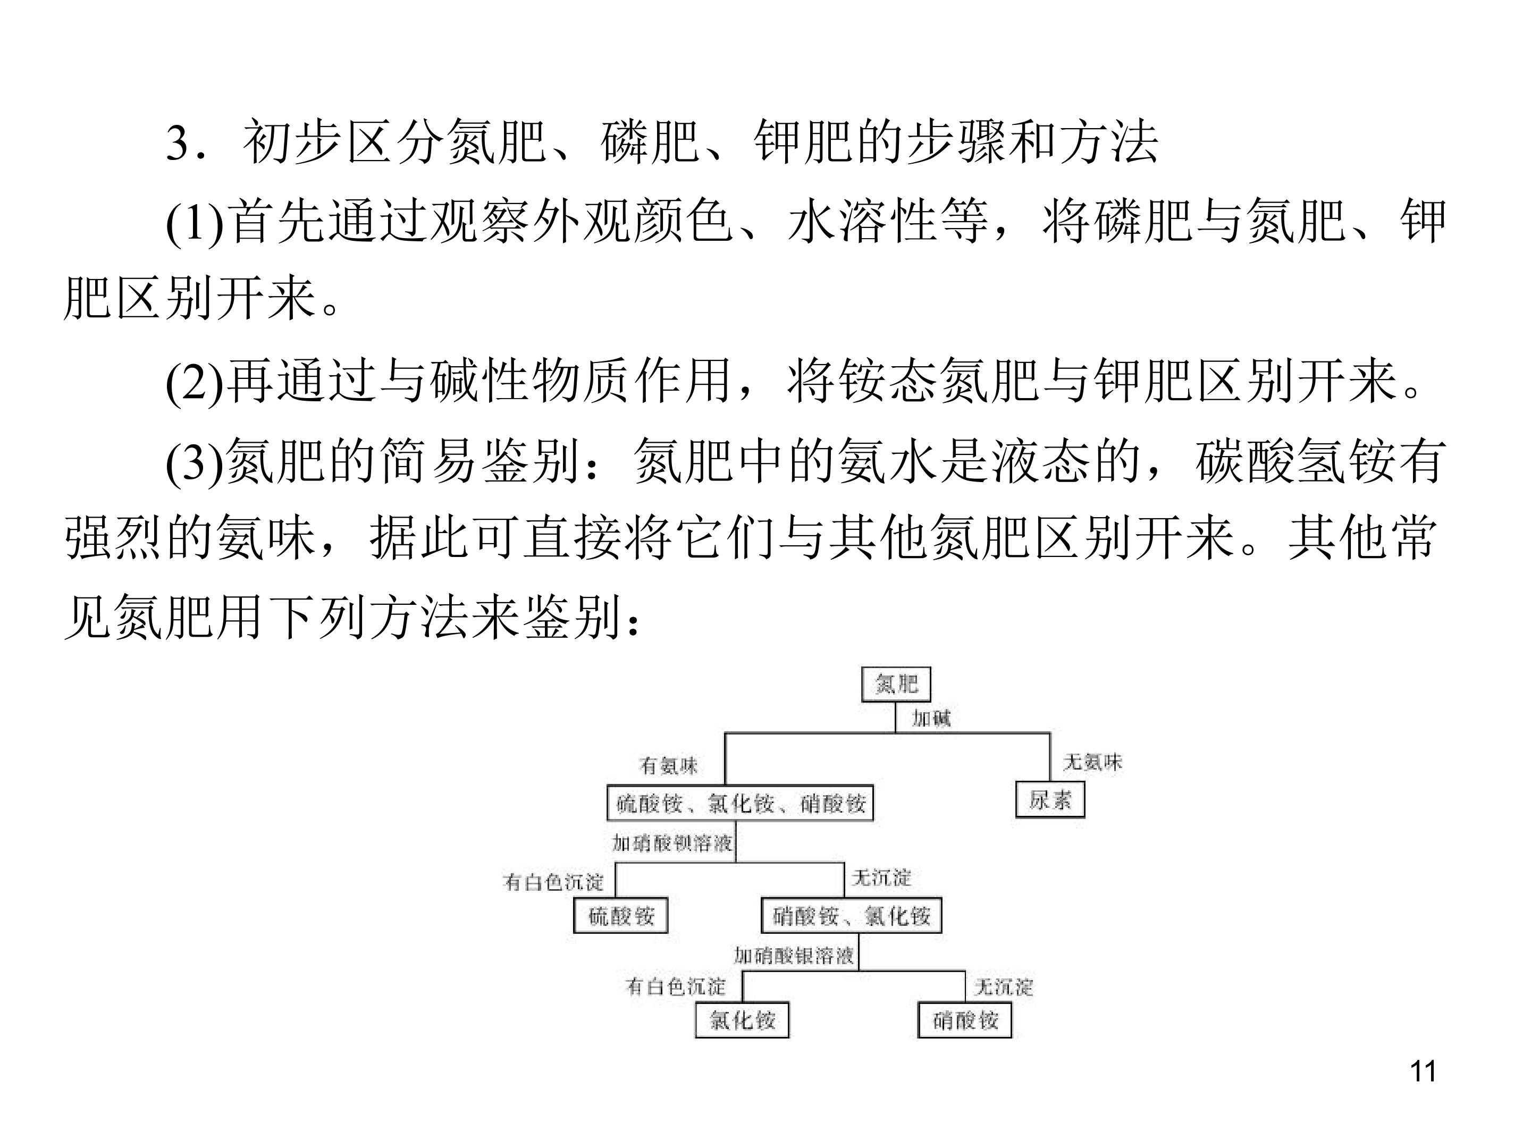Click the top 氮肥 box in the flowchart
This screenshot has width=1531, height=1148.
click(896, 685)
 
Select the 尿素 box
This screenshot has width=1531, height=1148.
click(1050, 800)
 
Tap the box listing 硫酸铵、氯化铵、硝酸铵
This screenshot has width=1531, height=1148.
click(740, 804)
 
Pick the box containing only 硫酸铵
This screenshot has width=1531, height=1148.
click(621, 916)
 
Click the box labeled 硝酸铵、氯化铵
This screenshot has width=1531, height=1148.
click(851, 916)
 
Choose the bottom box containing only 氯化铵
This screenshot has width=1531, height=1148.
click(742, 1020)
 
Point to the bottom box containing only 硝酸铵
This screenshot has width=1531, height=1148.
click(965, 1020)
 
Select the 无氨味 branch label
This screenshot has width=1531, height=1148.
click(1092, 763)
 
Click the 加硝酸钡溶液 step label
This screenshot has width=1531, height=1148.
click(672, 843)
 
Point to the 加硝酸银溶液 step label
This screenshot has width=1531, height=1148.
click(794, 956)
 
